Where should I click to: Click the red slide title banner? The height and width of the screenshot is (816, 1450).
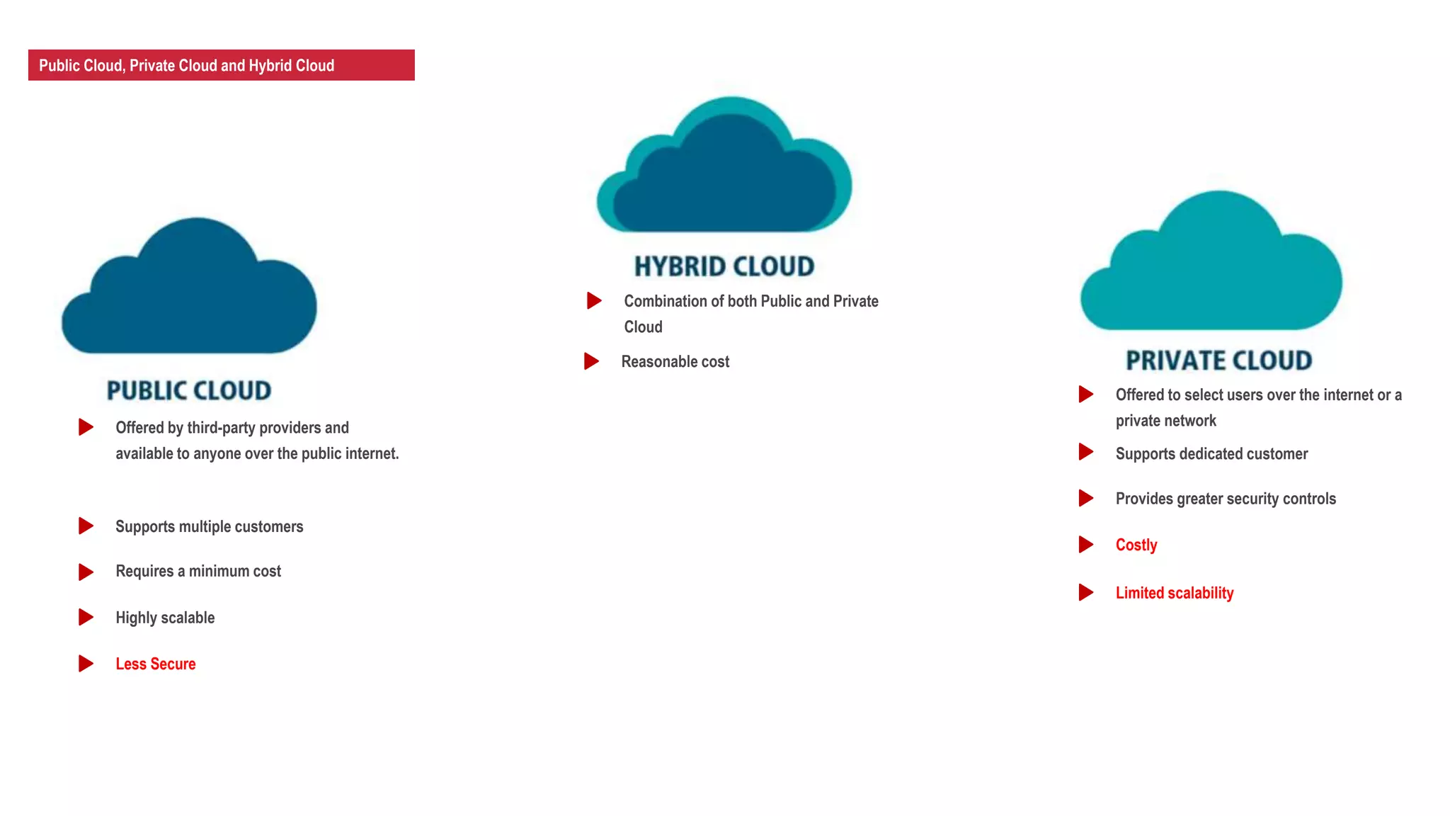point(221,65)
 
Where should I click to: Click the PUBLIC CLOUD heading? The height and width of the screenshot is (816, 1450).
point(189,390)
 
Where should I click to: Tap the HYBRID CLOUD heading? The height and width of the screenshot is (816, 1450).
point(724,266)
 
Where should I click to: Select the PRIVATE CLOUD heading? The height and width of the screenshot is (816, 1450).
point(1218,361)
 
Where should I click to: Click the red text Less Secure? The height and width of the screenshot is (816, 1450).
point(155,664)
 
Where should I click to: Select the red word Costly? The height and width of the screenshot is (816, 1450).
point(1136,545)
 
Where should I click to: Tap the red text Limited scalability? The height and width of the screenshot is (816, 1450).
point(1174,593)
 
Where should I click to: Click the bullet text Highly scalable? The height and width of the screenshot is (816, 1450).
point(165,618)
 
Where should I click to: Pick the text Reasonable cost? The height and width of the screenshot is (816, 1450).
point(675,362)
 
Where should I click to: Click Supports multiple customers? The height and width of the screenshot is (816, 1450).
point(209,527)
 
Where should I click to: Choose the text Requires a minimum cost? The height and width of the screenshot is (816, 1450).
point(198,572)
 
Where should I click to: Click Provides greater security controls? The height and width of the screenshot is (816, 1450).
point(1225,499)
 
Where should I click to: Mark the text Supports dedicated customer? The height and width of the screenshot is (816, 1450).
point(1211,454)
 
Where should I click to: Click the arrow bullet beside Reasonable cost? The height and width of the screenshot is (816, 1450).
point(591,361)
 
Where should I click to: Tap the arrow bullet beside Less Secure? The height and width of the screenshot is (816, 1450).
point(86,664)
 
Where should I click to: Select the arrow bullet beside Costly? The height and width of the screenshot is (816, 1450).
point(1085,545)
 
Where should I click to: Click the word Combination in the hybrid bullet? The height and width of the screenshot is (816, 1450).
point(665,301)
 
